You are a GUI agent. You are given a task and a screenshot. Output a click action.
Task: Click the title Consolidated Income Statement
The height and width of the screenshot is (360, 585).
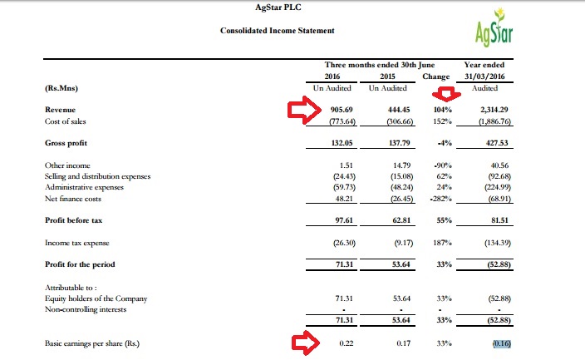pyautogui.click(x=278, y=31)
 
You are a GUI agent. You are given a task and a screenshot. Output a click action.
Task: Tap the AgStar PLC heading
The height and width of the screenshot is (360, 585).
pyautogui.click(x=278, y=7)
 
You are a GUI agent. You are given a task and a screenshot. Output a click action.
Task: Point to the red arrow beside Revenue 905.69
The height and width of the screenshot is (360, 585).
pyautogui.click(x=304, y=110)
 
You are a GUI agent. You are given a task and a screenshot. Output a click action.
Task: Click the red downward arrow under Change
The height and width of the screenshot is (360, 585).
pyautogui.click(x=446, y=94)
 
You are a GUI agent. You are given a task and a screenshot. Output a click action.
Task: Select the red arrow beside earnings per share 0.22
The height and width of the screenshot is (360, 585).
pyautogui.click(x=306, y=343)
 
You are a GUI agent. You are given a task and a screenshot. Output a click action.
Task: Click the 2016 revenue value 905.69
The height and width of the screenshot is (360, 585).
pyautogui.click(x=342, y=110)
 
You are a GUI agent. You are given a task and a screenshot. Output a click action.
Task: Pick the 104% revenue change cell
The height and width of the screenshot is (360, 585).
pyautogui.click(x=444, y=110)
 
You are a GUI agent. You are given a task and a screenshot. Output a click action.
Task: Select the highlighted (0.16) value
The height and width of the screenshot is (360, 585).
pyautogui.click(x=502, y=343)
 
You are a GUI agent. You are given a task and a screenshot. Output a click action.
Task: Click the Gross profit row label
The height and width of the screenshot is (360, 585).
pyautogui.click(x=66, y=143)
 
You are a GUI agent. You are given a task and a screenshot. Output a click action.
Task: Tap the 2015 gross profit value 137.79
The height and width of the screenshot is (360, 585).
pyautogui.click(x=399, y=143)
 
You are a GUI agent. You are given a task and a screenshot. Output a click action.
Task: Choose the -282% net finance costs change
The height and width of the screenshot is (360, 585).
pyautogui.click(x=441, y=199)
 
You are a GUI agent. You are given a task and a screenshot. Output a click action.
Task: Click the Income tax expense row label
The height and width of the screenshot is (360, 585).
pyautogui.click(x=76, y=243)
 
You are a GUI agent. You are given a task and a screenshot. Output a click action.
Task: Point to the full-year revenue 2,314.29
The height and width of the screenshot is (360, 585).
pyautogui.click(x=494, y=110)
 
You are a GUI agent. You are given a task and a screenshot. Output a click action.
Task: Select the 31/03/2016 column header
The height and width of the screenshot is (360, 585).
pyautogui.click(x=484, y=76)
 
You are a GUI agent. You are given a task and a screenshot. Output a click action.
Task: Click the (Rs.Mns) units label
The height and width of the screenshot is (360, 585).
pyautogui.click(x=61, y=88)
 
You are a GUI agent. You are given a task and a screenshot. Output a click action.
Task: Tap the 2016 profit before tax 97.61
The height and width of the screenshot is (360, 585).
pyautogui.click(x=344, y=220)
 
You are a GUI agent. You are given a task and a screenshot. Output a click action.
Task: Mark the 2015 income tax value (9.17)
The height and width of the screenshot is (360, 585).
pyautogui.click(x=404, y=243)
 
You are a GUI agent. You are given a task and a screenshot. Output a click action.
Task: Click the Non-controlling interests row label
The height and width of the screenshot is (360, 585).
pyautogui.click(x=86, y=309)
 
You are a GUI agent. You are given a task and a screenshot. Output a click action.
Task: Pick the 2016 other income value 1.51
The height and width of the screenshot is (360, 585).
pyautogui.click(x=347, y=165)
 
